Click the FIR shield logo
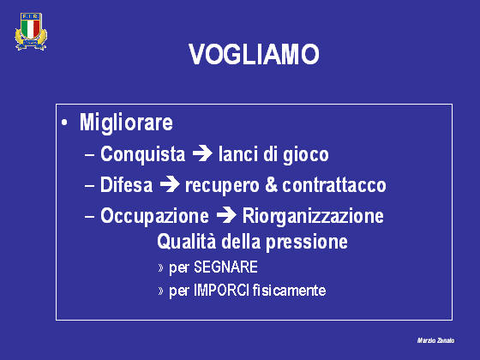(31, 31)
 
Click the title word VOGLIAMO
(254, 54)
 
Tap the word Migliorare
(126, 123)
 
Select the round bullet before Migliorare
(64, 123)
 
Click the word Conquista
(142, 153)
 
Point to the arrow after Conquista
(202, 153)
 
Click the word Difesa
(127, 184)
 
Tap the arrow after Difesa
(170, 184)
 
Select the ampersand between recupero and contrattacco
(271, 184)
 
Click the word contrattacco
(334, 185)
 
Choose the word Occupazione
(154, 216)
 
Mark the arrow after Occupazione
(226, 215)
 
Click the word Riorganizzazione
(313, 216)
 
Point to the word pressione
(307, 243)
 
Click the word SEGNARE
(225, 267)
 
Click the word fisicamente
(290, 291)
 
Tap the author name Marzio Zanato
(435, 340)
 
